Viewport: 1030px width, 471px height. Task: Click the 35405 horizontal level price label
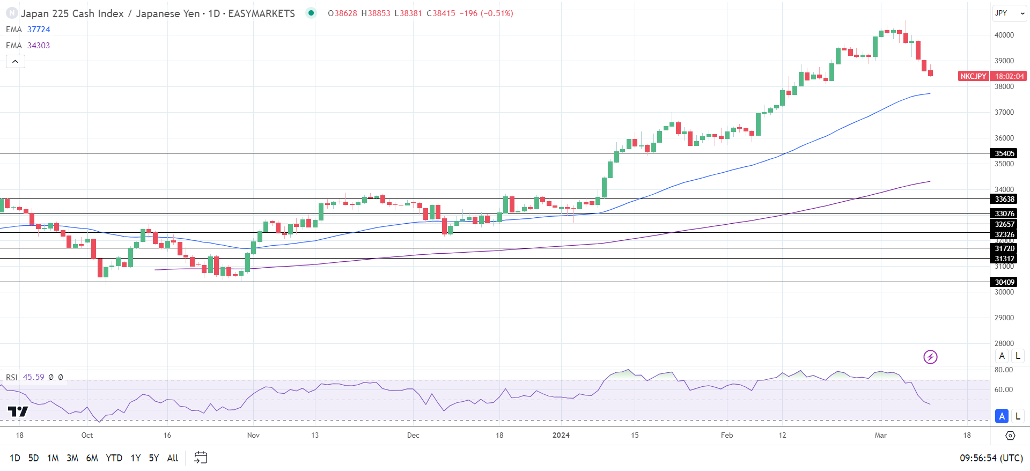click(x=1004, y=153)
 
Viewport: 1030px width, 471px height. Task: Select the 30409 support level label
click(x=1004, y=282)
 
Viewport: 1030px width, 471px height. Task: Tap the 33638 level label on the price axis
click(x=1004, y=199)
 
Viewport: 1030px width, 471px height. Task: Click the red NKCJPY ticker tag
click(x=973, y=76)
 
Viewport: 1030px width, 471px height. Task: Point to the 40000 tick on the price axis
click(x=1004, y=35)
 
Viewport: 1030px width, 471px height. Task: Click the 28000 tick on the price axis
click(x=1004, y=343)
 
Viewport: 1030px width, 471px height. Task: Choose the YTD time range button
click(x=114, y=458)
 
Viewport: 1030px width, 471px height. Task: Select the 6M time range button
click(x=92, y=458)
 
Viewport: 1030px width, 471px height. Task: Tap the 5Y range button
click(x=153, y=458)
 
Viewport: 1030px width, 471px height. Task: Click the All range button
click(x=172, y=458)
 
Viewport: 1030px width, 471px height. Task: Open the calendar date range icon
click(x=201, y=458)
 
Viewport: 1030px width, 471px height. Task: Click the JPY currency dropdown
click(x=1009, y=13)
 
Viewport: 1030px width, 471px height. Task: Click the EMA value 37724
click(x=39, y=30)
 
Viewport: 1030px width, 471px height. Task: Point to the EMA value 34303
click(x=39, y=46)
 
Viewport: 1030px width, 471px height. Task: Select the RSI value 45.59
click(x=33, y=377)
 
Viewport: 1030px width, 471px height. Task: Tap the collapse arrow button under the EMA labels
click(x=16, y=62)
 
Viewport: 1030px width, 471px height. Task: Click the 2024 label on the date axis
click(x=561, y=435)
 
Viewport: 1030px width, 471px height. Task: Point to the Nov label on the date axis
click(x=253, y=435)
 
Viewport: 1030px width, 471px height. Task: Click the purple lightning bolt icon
click(x=930, y=357)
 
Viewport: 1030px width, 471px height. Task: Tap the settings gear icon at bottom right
click(x=1010, y=436)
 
